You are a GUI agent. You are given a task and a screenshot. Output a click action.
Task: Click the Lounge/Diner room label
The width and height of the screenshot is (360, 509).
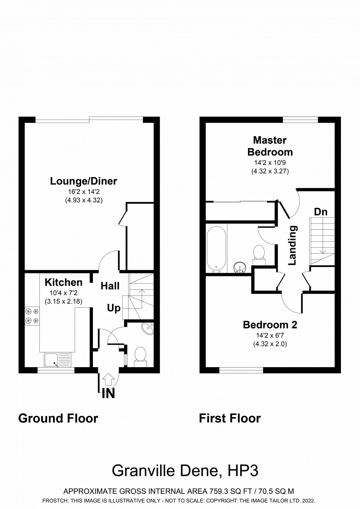(84, 181)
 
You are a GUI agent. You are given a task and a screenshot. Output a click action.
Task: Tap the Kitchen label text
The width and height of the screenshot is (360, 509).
(64, 282)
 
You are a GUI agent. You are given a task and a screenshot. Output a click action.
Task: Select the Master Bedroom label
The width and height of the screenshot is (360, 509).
(270, 146)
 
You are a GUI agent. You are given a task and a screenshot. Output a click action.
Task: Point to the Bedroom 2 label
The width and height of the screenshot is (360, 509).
(270, 325)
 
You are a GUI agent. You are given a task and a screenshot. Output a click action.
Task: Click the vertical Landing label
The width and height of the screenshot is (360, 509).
(292, 245)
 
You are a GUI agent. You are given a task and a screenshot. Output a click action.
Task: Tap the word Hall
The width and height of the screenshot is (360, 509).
(110, 286)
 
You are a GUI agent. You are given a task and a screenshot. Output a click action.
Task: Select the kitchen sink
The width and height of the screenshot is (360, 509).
(57, 360)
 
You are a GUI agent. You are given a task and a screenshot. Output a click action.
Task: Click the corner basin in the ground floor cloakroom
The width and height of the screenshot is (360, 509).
(147, 328)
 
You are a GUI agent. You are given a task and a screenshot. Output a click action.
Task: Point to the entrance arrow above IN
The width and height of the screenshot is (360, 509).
(108, 378)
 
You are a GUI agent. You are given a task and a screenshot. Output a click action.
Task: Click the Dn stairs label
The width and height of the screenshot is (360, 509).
(320, 212)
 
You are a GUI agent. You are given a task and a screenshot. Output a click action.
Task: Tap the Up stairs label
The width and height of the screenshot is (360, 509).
(114, 308)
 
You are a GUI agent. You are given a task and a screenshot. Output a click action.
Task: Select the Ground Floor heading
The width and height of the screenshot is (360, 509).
(58, 418)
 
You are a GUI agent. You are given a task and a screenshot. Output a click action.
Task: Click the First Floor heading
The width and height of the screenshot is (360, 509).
(230, 418)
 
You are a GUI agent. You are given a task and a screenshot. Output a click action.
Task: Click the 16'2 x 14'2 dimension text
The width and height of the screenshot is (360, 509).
(84, 192)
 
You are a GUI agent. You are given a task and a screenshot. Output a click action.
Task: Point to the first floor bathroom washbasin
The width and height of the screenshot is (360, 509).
(240, 267)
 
